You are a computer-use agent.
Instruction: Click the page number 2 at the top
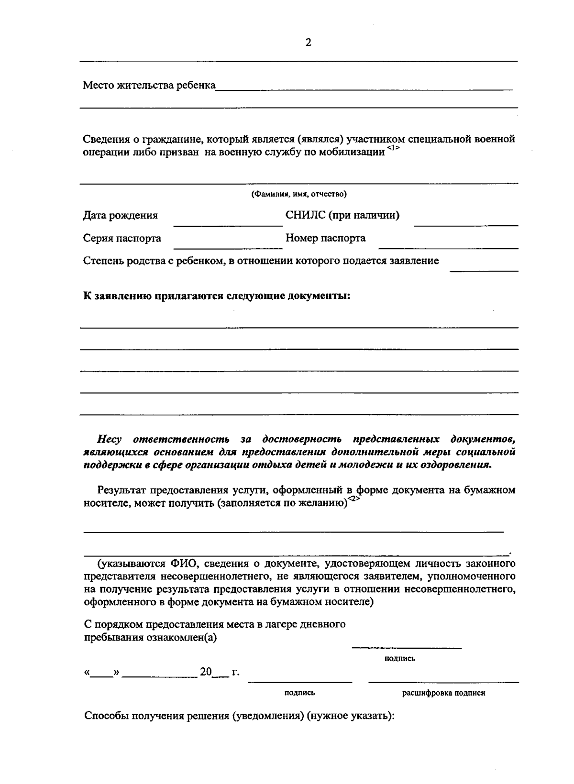308,43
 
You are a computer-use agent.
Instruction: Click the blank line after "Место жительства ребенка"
364,88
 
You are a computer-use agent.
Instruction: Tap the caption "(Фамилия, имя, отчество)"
299,194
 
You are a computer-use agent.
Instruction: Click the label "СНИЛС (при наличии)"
342,215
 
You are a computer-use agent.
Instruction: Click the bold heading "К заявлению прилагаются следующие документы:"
217,296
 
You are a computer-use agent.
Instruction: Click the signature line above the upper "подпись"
407,647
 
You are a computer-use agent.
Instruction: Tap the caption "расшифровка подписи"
443,693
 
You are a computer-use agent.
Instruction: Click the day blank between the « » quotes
101,676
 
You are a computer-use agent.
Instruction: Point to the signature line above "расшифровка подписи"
443,681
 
